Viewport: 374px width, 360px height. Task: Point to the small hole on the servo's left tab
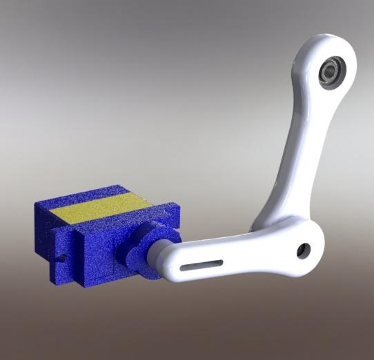[62, 259]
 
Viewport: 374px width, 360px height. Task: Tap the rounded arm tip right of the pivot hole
[317, 245]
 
